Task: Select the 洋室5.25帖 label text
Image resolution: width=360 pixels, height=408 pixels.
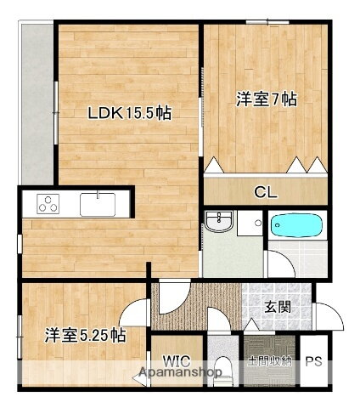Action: point(86,335)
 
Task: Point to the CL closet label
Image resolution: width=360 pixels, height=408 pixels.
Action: point(266,190)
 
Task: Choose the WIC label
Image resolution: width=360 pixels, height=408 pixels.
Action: point(177,359)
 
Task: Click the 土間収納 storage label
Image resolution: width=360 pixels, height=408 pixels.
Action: point(269,361)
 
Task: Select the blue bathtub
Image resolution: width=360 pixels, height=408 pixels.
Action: point(296,228)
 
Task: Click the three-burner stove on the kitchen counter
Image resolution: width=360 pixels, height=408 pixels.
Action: point(48,204)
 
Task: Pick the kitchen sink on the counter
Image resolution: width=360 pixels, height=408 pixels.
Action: point(98,204)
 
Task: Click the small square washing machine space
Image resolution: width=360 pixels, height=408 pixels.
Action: point(250,224)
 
